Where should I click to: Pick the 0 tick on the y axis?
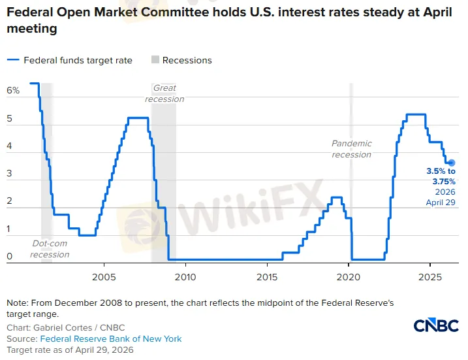(10, 257)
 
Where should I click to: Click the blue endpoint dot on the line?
(451, 163)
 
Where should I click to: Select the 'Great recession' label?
(164, 93)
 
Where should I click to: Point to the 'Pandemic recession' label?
(351, 149)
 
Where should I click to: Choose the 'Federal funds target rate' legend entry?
(78, 60)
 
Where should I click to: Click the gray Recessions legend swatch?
(155, 60)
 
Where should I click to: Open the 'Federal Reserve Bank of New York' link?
(111, 339)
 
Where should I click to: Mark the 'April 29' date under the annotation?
(441, 203)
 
